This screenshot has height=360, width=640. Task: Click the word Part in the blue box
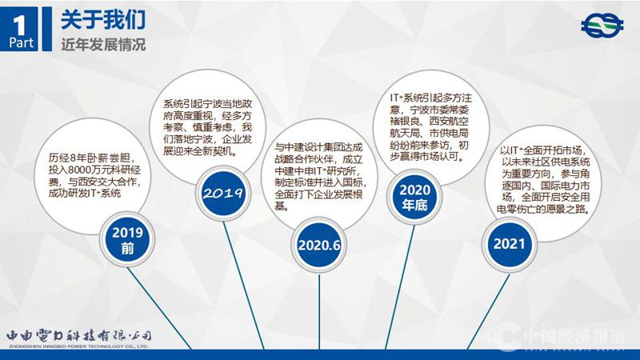coord(21,43)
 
